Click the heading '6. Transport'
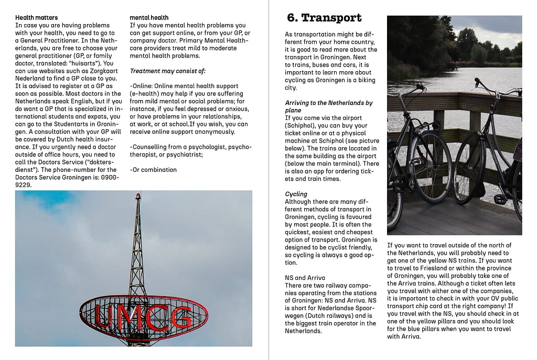point(324,18)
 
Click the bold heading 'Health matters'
point(36,18)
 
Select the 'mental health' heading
point(149,18)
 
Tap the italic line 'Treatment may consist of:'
point(167,71)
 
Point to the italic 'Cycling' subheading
point(296,194)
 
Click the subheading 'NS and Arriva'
point(305,278)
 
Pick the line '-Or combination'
point(153,170)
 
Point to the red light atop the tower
point(138,197)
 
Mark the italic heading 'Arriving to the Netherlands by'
point(328,103)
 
